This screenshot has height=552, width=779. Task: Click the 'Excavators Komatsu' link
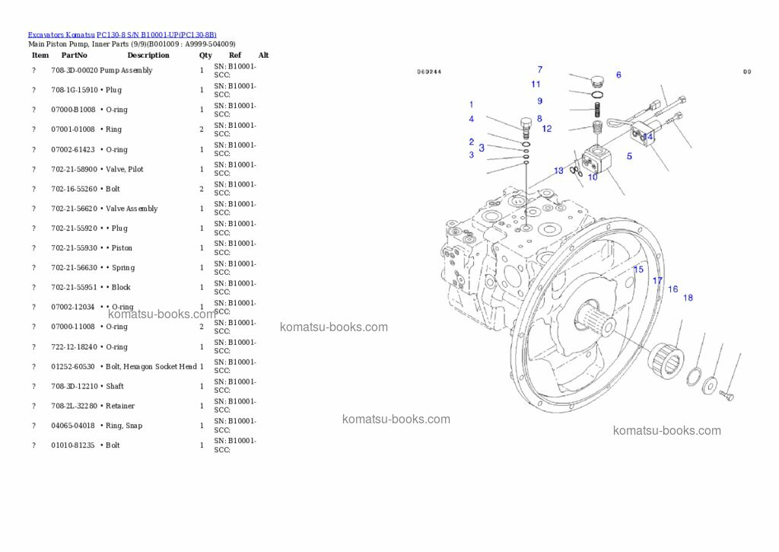click(61, 35)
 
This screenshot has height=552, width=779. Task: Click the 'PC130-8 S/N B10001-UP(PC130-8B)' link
click(156, 35)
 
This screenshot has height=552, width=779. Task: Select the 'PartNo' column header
click(75, 56)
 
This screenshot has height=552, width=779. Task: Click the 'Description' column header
click(148, 56)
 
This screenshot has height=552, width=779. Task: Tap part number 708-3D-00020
click(74, 71)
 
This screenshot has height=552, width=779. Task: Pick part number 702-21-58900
click(74, 170)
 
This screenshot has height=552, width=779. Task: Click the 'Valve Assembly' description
click(132, 209)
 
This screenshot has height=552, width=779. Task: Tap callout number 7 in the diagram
click(540, 70)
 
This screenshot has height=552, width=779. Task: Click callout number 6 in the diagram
click(618, 75)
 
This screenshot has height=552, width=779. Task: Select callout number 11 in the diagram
click(536, 85)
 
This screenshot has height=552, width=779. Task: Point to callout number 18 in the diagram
click(688, 298)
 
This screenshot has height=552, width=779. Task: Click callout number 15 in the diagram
click(638, 270)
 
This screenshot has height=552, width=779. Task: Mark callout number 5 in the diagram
click(629, 157)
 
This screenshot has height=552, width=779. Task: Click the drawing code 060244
click(429, 72)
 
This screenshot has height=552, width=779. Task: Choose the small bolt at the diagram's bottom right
click(727, 396)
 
